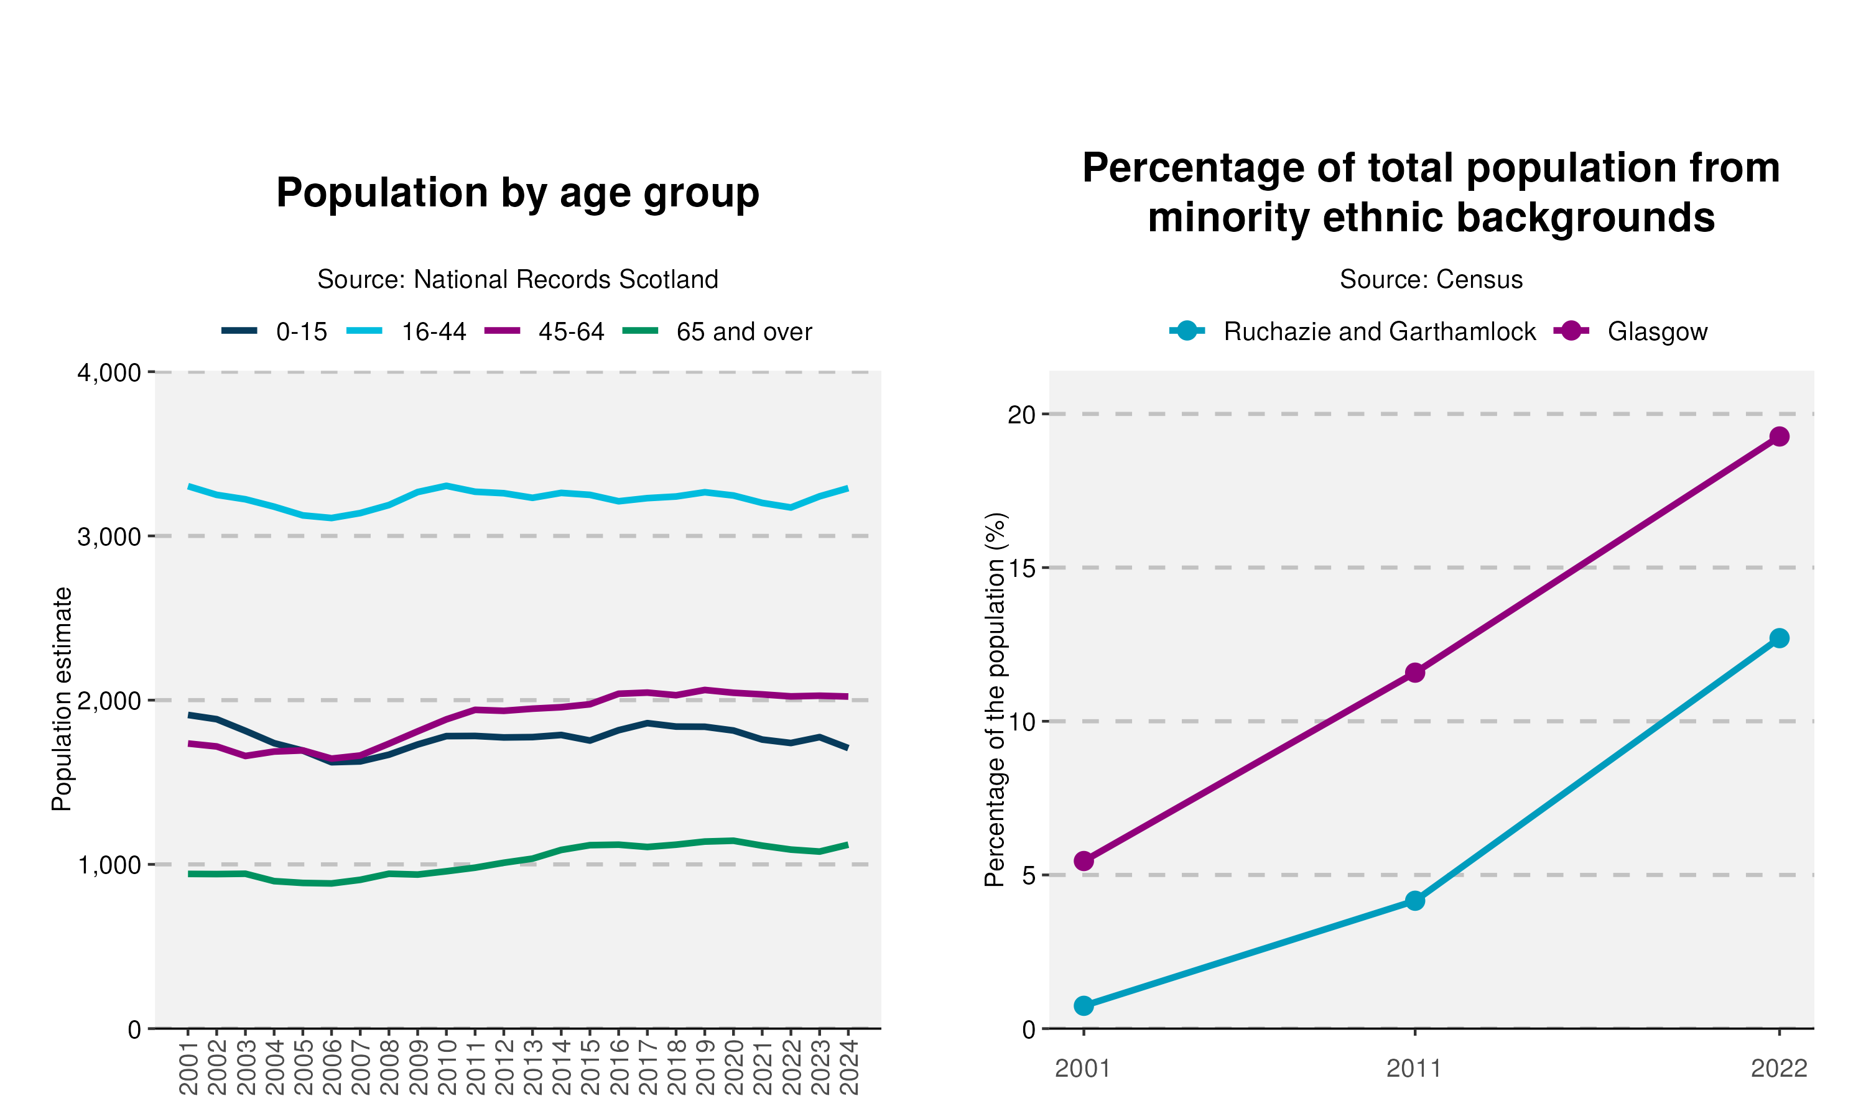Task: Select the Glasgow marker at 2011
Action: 1415,673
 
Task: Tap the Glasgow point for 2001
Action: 1084,861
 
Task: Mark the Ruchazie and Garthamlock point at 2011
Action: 1415,901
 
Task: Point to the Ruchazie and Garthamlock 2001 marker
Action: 1084,1006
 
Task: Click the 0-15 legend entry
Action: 274,332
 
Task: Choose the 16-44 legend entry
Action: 407,332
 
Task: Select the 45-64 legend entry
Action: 545,332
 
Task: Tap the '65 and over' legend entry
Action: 718,332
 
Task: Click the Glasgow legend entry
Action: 1631,332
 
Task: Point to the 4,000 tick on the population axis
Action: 109,373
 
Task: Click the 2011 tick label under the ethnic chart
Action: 1414,1069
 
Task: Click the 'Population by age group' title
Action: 518,193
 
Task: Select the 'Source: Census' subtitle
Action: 1431,279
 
